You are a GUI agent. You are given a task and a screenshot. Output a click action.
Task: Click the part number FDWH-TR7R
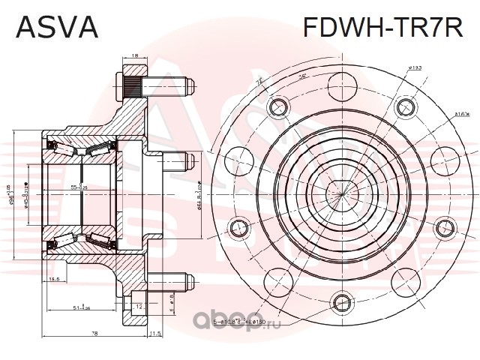tap(382, 27)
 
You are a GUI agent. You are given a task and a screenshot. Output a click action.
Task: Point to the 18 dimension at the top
tap(134, 55)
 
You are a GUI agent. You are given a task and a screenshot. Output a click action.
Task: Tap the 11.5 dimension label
tap(156, 332)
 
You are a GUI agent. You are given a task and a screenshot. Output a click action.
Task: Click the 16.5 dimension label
tap(55, 280)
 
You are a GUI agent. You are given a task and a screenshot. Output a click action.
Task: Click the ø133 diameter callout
tap(414, 69)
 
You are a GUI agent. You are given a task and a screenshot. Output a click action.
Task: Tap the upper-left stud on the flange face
tap(278, 104)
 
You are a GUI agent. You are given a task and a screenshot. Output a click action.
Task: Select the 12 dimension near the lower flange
tap(140, 307)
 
